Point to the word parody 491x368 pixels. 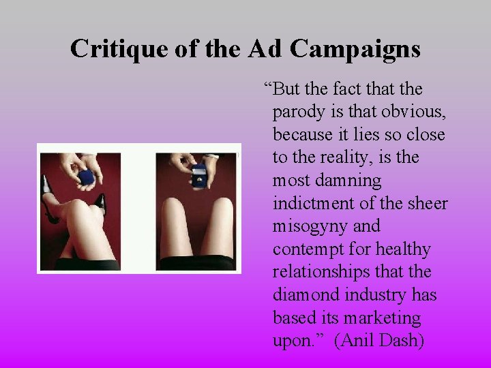299,112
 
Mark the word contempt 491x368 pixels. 303,249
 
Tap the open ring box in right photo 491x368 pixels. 198,175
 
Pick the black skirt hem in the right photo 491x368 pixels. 196,262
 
